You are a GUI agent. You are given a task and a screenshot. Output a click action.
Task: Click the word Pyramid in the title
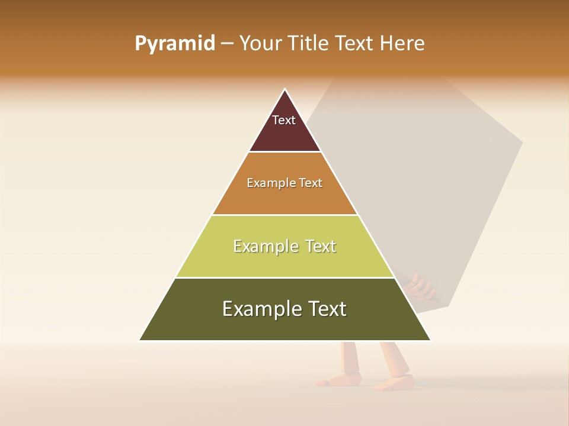click(175, 44)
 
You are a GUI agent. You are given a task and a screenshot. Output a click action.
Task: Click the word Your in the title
click(260, 44)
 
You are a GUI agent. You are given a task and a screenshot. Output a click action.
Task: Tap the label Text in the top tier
click(284, 120)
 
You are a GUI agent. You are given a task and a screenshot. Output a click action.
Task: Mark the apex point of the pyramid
click(285, 89)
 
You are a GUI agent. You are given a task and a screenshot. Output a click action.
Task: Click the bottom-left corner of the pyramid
click(140, 340)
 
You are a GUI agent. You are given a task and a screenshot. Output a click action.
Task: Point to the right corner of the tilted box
click(522, 142)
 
